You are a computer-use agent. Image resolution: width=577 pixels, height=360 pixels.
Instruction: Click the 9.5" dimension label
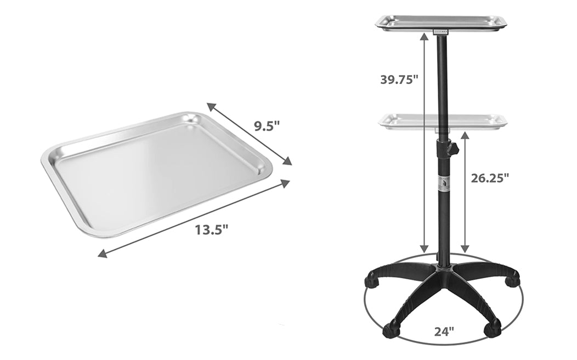tap(267, 126)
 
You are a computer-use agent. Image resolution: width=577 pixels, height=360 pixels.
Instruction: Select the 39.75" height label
tap(399, 80)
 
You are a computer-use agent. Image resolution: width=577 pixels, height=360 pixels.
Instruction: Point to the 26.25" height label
tap(490, 178)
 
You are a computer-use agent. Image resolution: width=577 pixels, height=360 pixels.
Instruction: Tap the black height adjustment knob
tap(454, 149)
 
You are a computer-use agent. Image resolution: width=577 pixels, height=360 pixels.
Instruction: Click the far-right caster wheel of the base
tap(512, 281)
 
